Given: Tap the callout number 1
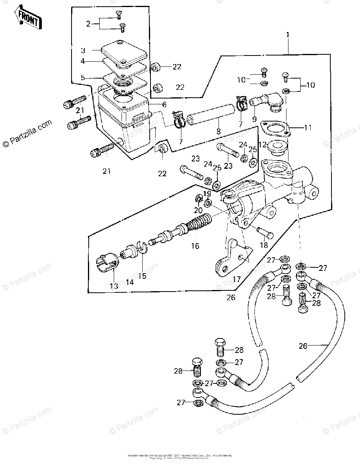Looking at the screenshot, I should pos(288,35).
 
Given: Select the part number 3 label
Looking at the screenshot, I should pos(83,50).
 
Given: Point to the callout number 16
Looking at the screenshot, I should pos(195,246).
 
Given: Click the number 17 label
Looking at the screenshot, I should pos(236,279).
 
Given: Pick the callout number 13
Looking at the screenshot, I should pos(114,286).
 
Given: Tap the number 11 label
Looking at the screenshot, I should pos(308,127).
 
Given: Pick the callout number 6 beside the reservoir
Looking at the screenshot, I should pos(153,105).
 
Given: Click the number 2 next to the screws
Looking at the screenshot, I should pos(88,24).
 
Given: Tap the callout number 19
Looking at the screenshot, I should pos(207,193).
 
